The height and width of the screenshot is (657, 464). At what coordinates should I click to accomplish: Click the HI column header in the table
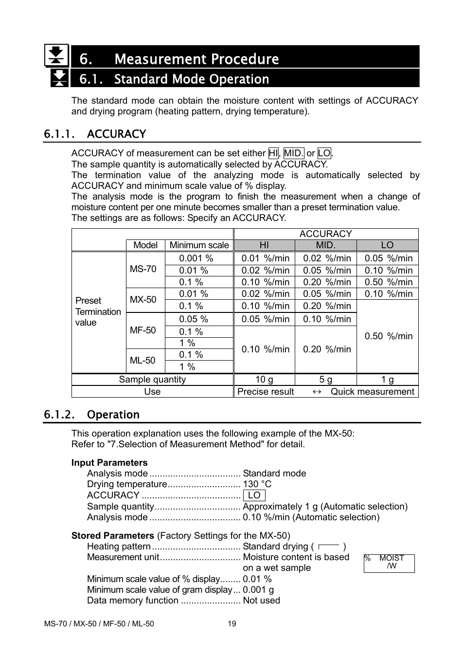264,245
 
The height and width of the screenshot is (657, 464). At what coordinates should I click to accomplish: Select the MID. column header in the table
325,245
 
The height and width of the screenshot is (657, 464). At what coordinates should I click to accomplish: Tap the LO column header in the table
387,245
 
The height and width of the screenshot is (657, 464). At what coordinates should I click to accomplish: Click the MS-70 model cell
143,269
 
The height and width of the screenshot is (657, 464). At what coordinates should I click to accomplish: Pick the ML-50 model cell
143,361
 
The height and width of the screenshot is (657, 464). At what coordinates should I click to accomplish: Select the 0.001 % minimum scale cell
196,258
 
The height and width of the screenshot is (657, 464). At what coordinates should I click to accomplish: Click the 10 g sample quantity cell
264,380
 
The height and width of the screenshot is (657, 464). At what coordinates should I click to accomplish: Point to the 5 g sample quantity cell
325,380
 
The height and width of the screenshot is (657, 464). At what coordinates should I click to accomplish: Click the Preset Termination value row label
98,311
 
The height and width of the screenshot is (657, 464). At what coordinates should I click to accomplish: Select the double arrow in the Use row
317,392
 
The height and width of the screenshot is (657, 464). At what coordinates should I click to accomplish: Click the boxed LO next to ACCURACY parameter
254,495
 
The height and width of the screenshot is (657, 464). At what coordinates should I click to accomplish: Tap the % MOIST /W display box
389,563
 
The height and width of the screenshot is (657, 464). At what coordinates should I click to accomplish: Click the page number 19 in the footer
232,624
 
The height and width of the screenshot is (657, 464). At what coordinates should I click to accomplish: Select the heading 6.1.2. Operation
91,415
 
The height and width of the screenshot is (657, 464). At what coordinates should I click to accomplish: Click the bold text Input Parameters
109,463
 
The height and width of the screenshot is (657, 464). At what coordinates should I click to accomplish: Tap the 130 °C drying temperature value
257,484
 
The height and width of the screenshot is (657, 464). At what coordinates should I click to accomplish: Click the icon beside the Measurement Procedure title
56,55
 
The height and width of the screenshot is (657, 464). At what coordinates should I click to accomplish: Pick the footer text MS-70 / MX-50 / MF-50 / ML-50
99,624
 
